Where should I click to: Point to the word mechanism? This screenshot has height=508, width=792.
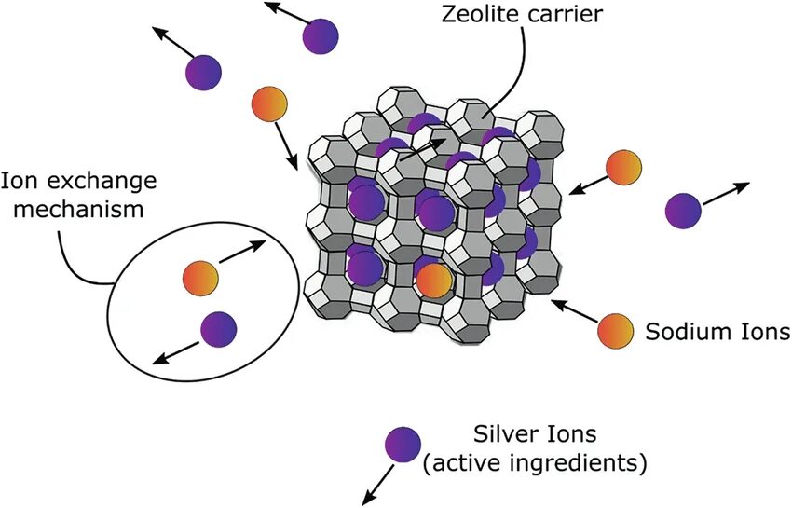click(x=74, y=208)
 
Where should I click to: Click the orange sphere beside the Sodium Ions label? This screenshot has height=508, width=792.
click(x=615, y=330)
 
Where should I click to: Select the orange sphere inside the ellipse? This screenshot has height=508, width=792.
click(x=200, y=277)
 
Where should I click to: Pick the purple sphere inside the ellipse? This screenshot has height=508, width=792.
click(x=218, y=328)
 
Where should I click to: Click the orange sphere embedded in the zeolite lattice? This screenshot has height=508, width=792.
click(x=433, y=280)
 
